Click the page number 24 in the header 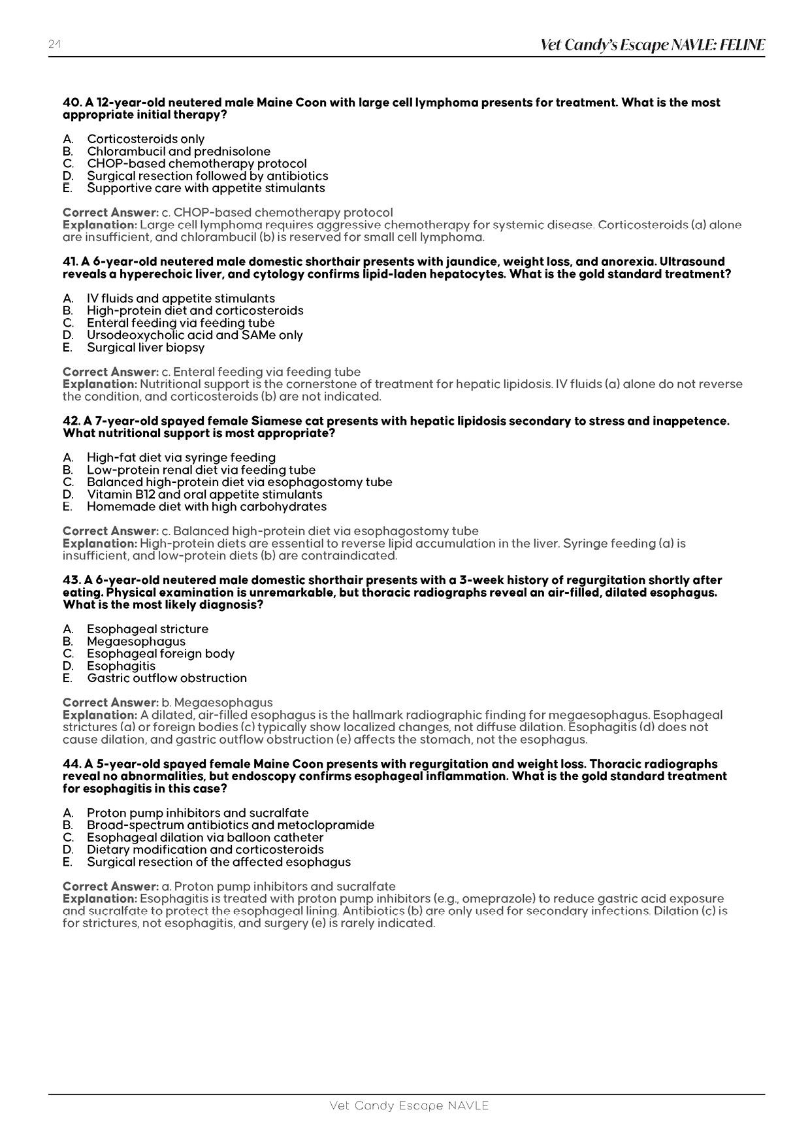click(54, 44)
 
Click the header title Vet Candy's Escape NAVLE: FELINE click(652, 45)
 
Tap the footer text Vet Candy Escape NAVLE click(409, 1105)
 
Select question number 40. click(71, 103)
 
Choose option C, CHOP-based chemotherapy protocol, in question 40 click(197, 163)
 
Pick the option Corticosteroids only click(146, 139)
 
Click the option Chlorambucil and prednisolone click(178, 152)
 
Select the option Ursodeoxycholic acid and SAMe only click(195, 335)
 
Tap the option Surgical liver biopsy click(146, 348)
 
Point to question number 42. click(71, 421)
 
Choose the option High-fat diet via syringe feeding click(181, 458)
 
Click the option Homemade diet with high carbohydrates click(206, 507)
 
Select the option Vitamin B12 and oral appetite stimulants click(204, 495)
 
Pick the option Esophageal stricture click(148, 629)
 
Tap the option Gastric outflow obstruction click(167, 678)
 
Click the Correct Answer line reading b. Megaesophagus click(167, 703)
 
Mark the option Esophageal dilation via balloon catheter click(205, 838)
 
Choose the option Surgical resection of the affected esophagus click(219, 862)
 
